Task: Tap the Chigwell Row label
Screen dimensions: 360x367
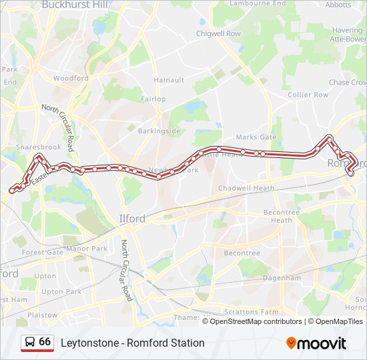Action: point(218,33)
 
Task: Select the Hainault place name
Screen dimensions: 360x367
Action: point(169,80)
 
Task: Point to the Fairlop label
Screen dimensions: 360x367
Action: point(153,99)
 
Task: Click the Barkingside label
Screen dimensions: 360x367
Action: point(159,131)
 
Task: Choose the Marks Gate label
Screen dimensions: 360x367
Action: point(256,137)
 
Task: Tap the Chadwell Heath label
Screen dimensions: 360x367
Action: point(246,188)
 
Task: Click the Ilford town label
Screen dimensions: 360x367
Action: point(131,218)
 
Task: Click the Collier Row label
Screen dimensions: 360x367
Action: point(308,95)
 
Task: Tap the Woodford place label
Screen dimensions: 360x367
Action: point(71,78)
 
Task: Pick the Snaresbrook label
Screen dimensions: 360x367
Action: point(39,147)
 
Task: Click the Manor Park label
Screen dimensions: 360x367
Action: point(87,249)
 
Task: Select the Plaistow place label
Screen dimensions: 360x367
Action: point(42,315)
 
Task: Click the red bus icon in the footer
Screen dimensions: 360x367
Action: point(29,343)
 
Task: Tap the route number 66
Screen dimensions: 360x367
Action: point(45,341)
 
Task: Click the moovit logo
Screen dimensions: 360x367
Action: point(316,343)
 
